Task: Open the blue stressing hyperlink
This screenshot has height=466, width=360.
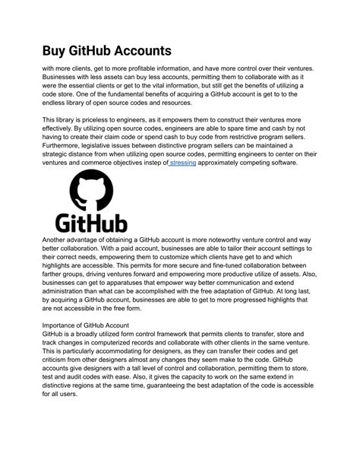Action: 182,163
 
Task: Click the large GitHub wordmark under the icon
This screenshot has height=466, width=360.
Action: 90,222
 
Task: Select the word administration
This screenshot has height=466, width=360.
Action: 70,290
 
